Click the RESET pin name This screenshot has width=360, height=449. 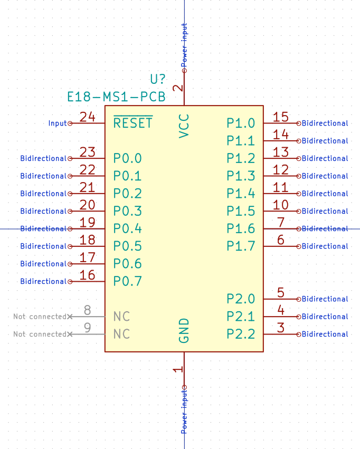click(x=133, y=123)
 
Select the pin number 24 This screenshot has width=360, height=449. click(x=87, y=117)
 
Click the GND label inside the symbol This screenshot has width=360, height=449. click(x=184, y=331)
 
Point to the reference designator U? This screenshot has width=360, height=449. click(x=158, y=80)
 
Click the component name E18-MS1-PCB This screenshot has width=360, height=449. click(x=116, y=97)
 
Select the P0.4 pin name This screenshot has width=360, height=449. click(x=128, y=228)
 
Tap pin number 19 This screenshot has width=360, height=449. click(x=87, y=223)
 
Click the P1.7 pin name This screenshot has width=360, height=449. click(x=241, y=246)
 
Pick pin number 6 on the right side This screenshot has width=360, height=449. click(x=281, y=240)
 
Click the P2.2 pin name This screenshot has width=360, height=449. click(x=241, y=334)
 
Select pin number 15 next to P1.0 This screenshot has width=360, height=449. click(x=281, y=117)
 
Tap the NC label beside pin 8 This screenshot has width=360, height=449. click(x=122, y=317)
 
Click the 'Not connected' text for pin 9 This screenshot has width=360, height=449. click(x=40, y=334)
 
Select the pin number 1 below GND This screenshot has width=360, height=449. click(x=178, y=369)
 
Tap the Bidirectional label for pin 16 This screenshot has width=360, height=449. click(x=44, y=281)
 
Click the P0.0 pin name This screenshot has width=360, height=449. click(x=128, y=158)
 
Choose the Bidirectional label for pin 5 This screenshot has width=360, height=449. click(x=325, y=299)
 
